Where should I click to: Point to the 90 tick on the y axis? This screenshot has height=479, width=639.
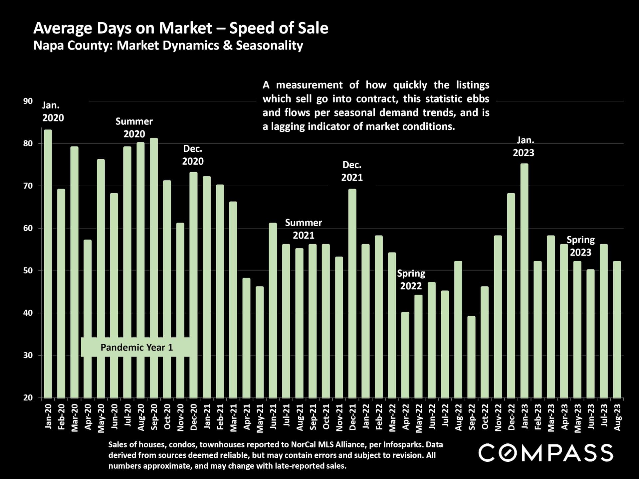(x=28, y=101)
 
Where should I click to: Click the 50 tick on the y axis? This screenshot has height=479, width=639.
(x=28, y=270)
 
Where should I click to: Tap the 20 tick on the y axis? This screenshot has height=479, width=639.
(x=28, y=398)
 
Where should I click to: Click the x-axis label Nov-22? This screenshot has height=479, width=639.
(x=498, y=417)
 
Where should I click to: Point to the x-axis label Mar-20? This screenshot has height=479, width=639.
(x=75, y=417)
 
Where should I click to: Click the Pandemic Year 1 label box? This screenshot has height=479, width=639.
(x=136, y=347)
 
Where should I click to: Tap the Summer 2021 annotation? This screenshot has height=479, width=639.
(x=304, y=229)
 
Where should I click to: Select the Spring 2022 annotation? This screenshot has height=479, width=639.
(x=411, y=279)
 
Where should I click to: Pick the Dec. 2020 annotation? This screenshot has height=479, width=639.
(x=193, y=155)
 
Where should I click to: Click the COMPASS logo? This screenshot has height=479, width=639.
(x=545, y=453)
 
